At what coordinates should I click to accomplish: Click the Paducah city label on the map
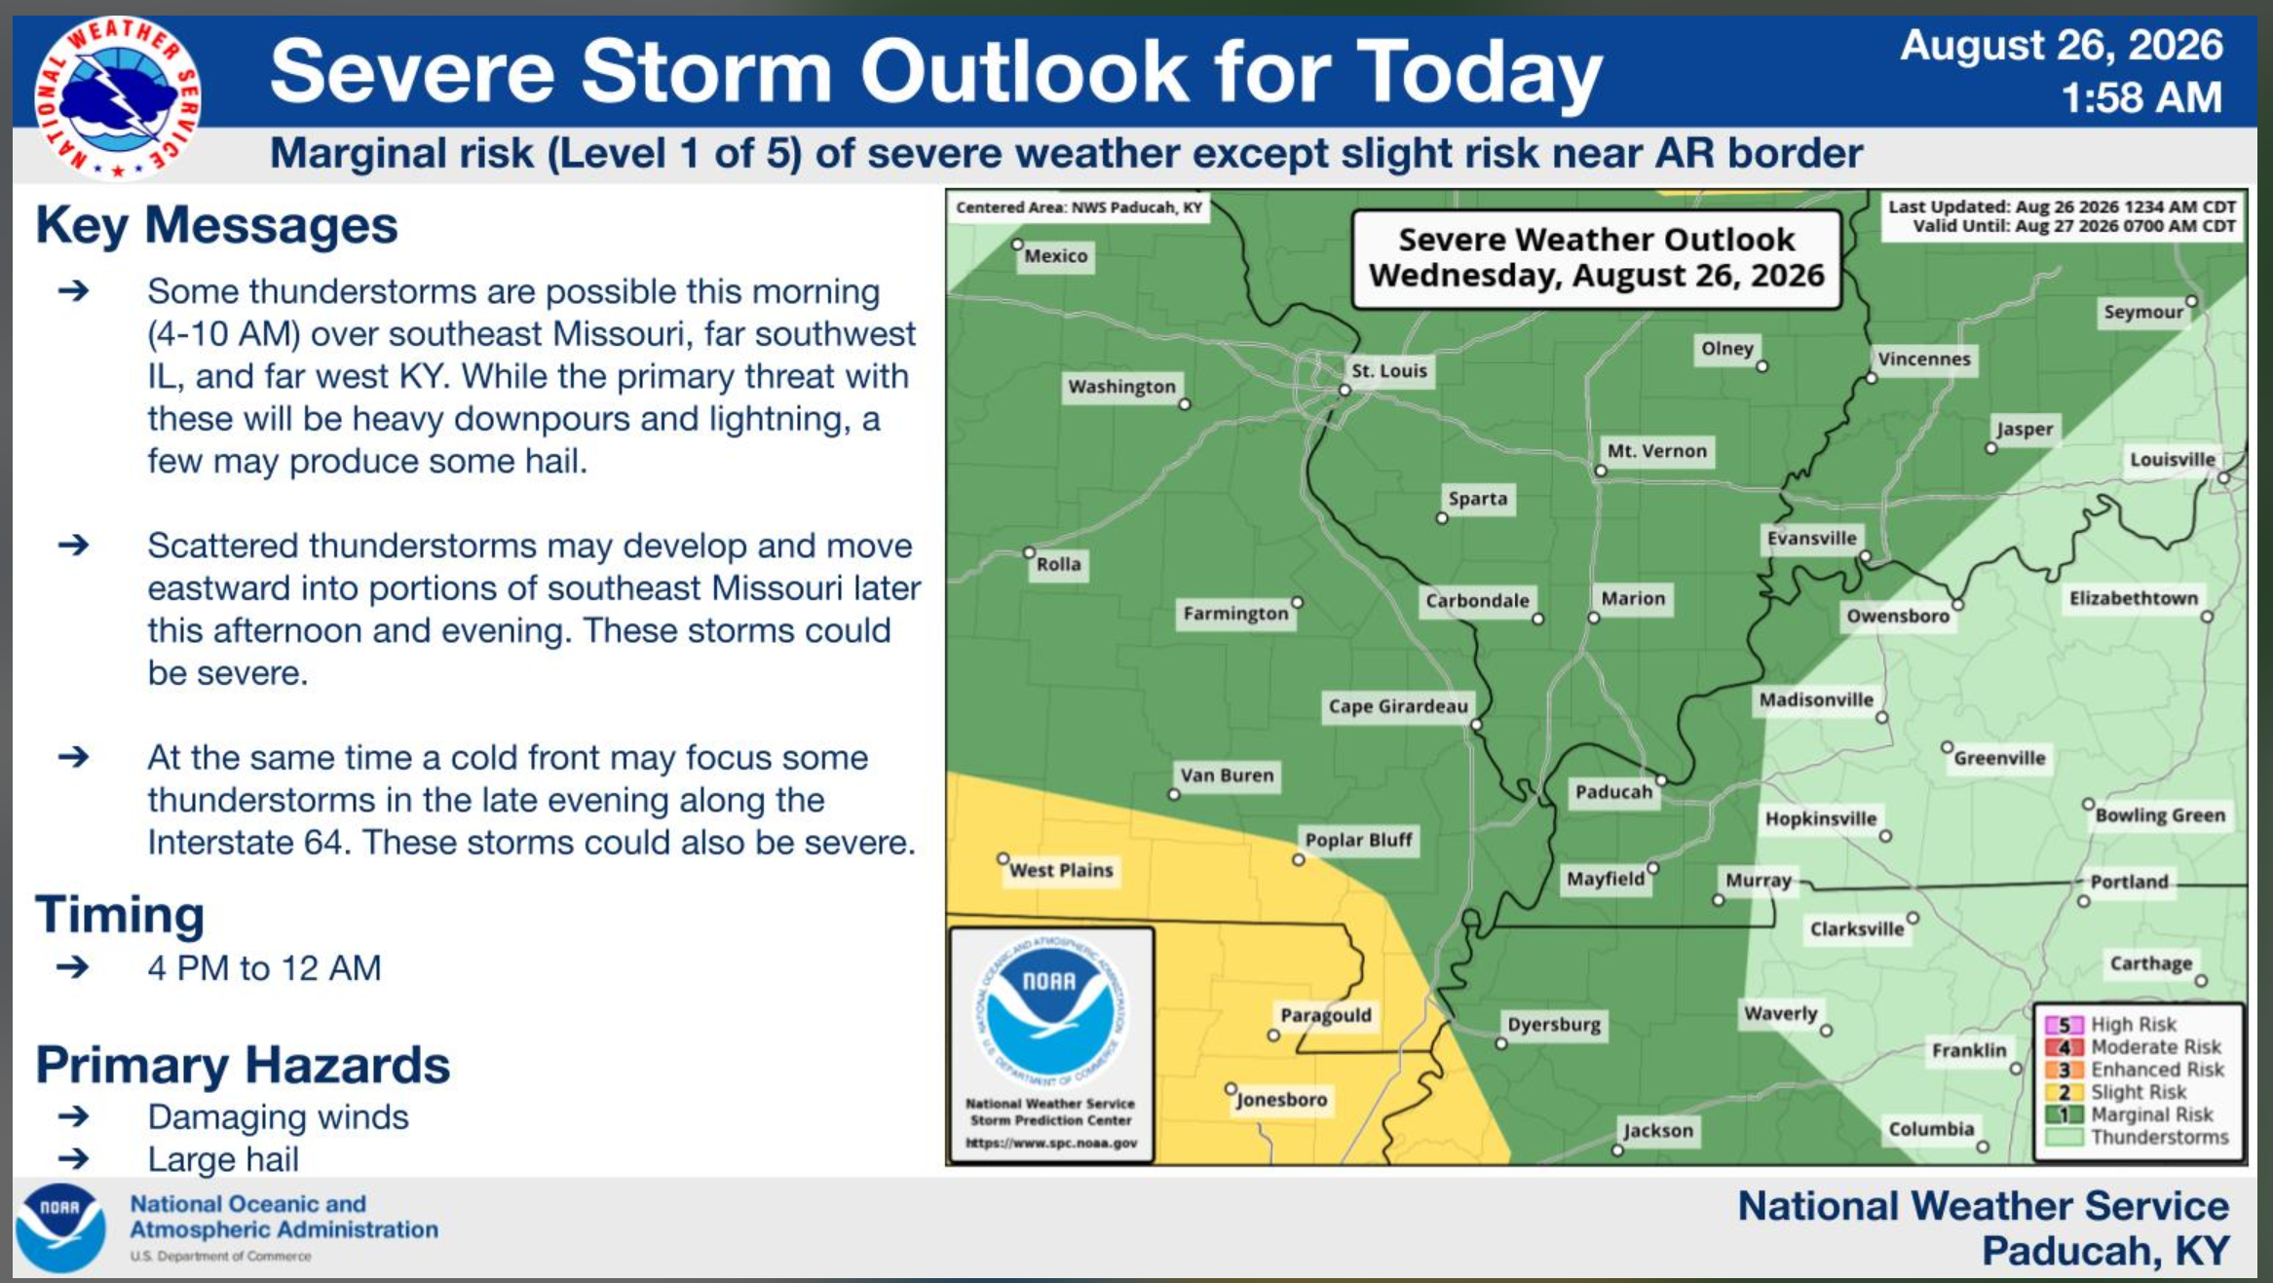click(x=1613, y=792)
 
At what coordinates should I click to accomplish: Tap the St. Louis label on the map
click(x=1389, y=370)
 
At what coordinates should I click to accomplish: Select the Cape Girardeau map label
click(x=1398, y=706)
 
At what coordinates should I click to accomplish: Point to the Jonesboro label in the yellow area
click(x=1282, y=1100)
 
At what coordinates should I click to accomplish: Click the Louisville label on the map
click(x=2173, y=460)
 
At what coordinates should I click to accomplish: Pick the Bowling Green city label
click(x=2160, y=815)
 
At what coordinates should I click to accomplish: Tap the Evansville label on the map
click(x=1812, y=539)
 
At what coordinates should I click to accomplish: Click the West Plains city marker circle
click(x=1003, y=858)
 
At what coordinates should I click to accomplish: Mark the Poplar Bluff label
click(x=1358, y=840)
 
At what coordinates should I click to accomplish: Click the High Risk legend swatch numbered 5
click(x=2064, y=1025)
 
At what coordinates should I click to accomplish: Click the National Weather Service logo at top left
click(x=118, y=98)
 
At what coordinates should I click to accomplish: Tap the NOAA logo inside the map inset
click(x=1050, y=1010)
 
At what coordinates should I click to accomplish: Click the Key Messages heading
click(x=216, y=225)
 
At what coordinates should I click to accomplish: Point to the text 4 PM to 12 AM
click(x=264, y=968)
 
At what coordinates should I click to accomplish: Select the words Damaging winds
click(x=278, y=1117)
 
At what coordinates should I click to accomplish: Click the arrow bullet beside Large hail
click(x=74, y=1158)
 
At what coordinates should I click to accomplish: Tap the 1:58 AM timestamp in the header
click(x=2141, y=97)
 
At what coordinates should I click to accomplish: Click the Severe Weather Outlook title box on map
click(x=1597, y=258)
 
